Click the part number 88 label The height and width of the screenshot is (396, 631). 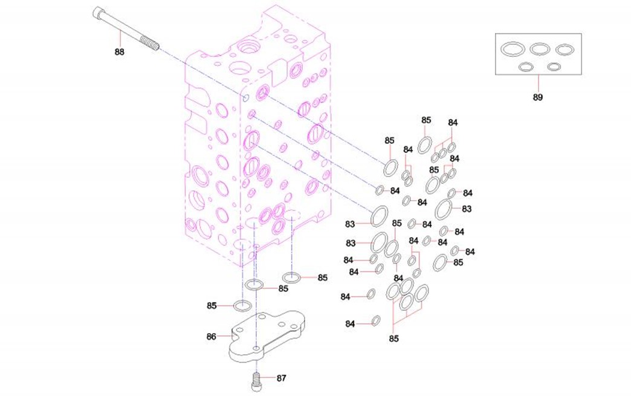coord(119,52)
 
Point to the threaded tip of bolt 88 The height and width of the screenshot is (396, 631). coord(151,44)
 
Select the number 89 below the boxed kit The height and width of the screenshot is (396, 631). coord(538,97)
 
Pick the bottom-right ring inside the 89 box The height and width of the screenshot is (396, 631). coord(553,67)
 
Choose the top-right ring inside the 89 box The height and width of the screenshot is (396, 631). coord(565,49)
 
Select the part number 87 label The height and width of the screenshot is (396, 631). coord(281,378)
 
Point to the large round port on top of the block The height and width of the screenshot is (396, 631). coord(248,47)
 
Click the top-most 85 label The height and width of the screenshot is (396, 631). coord(426,120)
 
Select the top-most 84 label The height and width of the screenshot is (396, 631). coord(453,122)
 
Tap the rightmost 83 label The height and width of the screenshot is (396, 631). coord(467,209)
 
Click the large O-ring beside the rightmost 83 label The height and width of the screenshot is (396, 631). coord(444,209)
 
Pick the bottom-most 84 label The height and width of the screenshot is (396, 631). coord(350,324)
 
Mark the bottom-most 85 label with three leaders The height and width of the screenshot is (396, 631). coord(393,339)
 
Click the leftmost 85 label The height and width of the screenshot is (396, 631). coord(212,306)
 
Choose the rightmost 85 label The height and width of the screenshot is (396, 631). coord(458,262)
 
